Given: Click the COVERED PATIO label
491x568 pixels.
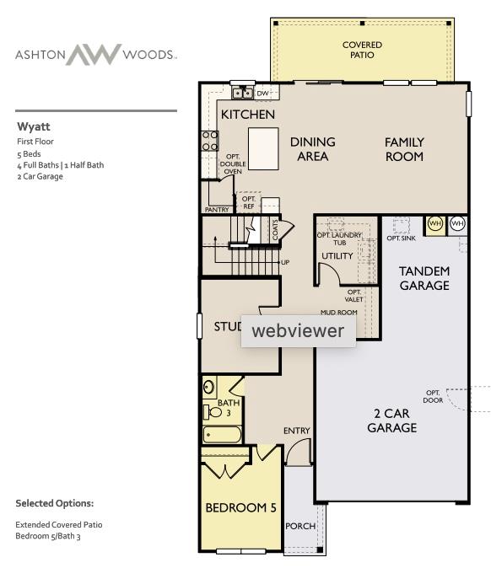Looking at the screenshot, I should [x=362, y=50].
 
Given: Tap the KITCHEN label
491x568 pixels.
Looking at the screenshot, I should [x=247, y=114].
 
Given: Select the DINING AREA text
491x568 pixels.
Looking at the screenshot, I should [x=312, y=149].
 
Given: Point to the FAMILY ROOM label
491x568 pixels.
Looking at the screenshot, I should [x=404, y=149].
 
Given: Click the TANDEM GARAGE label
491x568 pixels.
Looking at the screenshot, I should [x=424, y=278].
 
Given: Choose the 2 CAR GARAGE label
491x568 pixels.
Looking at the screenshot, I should [x=391, y=421].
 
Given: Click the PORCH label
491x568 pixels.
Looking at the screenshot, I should [x=300, y=526].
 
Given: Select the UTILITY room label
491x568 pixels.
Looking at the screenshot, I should [x=337, y=256].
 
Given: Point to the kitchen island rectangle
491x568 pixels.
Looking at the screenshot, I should [x=262, y=149].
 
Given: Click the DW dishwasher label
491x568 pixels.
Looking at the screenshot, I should [x=262, y=93].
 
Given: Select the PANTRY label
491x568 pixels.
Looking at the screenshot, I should [x=218, y=209].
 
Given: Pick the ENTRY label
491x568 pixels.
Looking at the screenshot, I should [x=296, y=431].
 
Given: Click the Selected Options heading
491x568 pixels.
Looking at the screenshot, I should [x=54, y=503].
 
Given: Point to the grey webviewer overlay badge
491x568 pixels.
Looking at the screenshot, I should [x=298, y=330].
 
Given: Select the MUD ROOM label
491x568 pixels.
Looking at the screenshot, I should [x=338, y=312].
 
